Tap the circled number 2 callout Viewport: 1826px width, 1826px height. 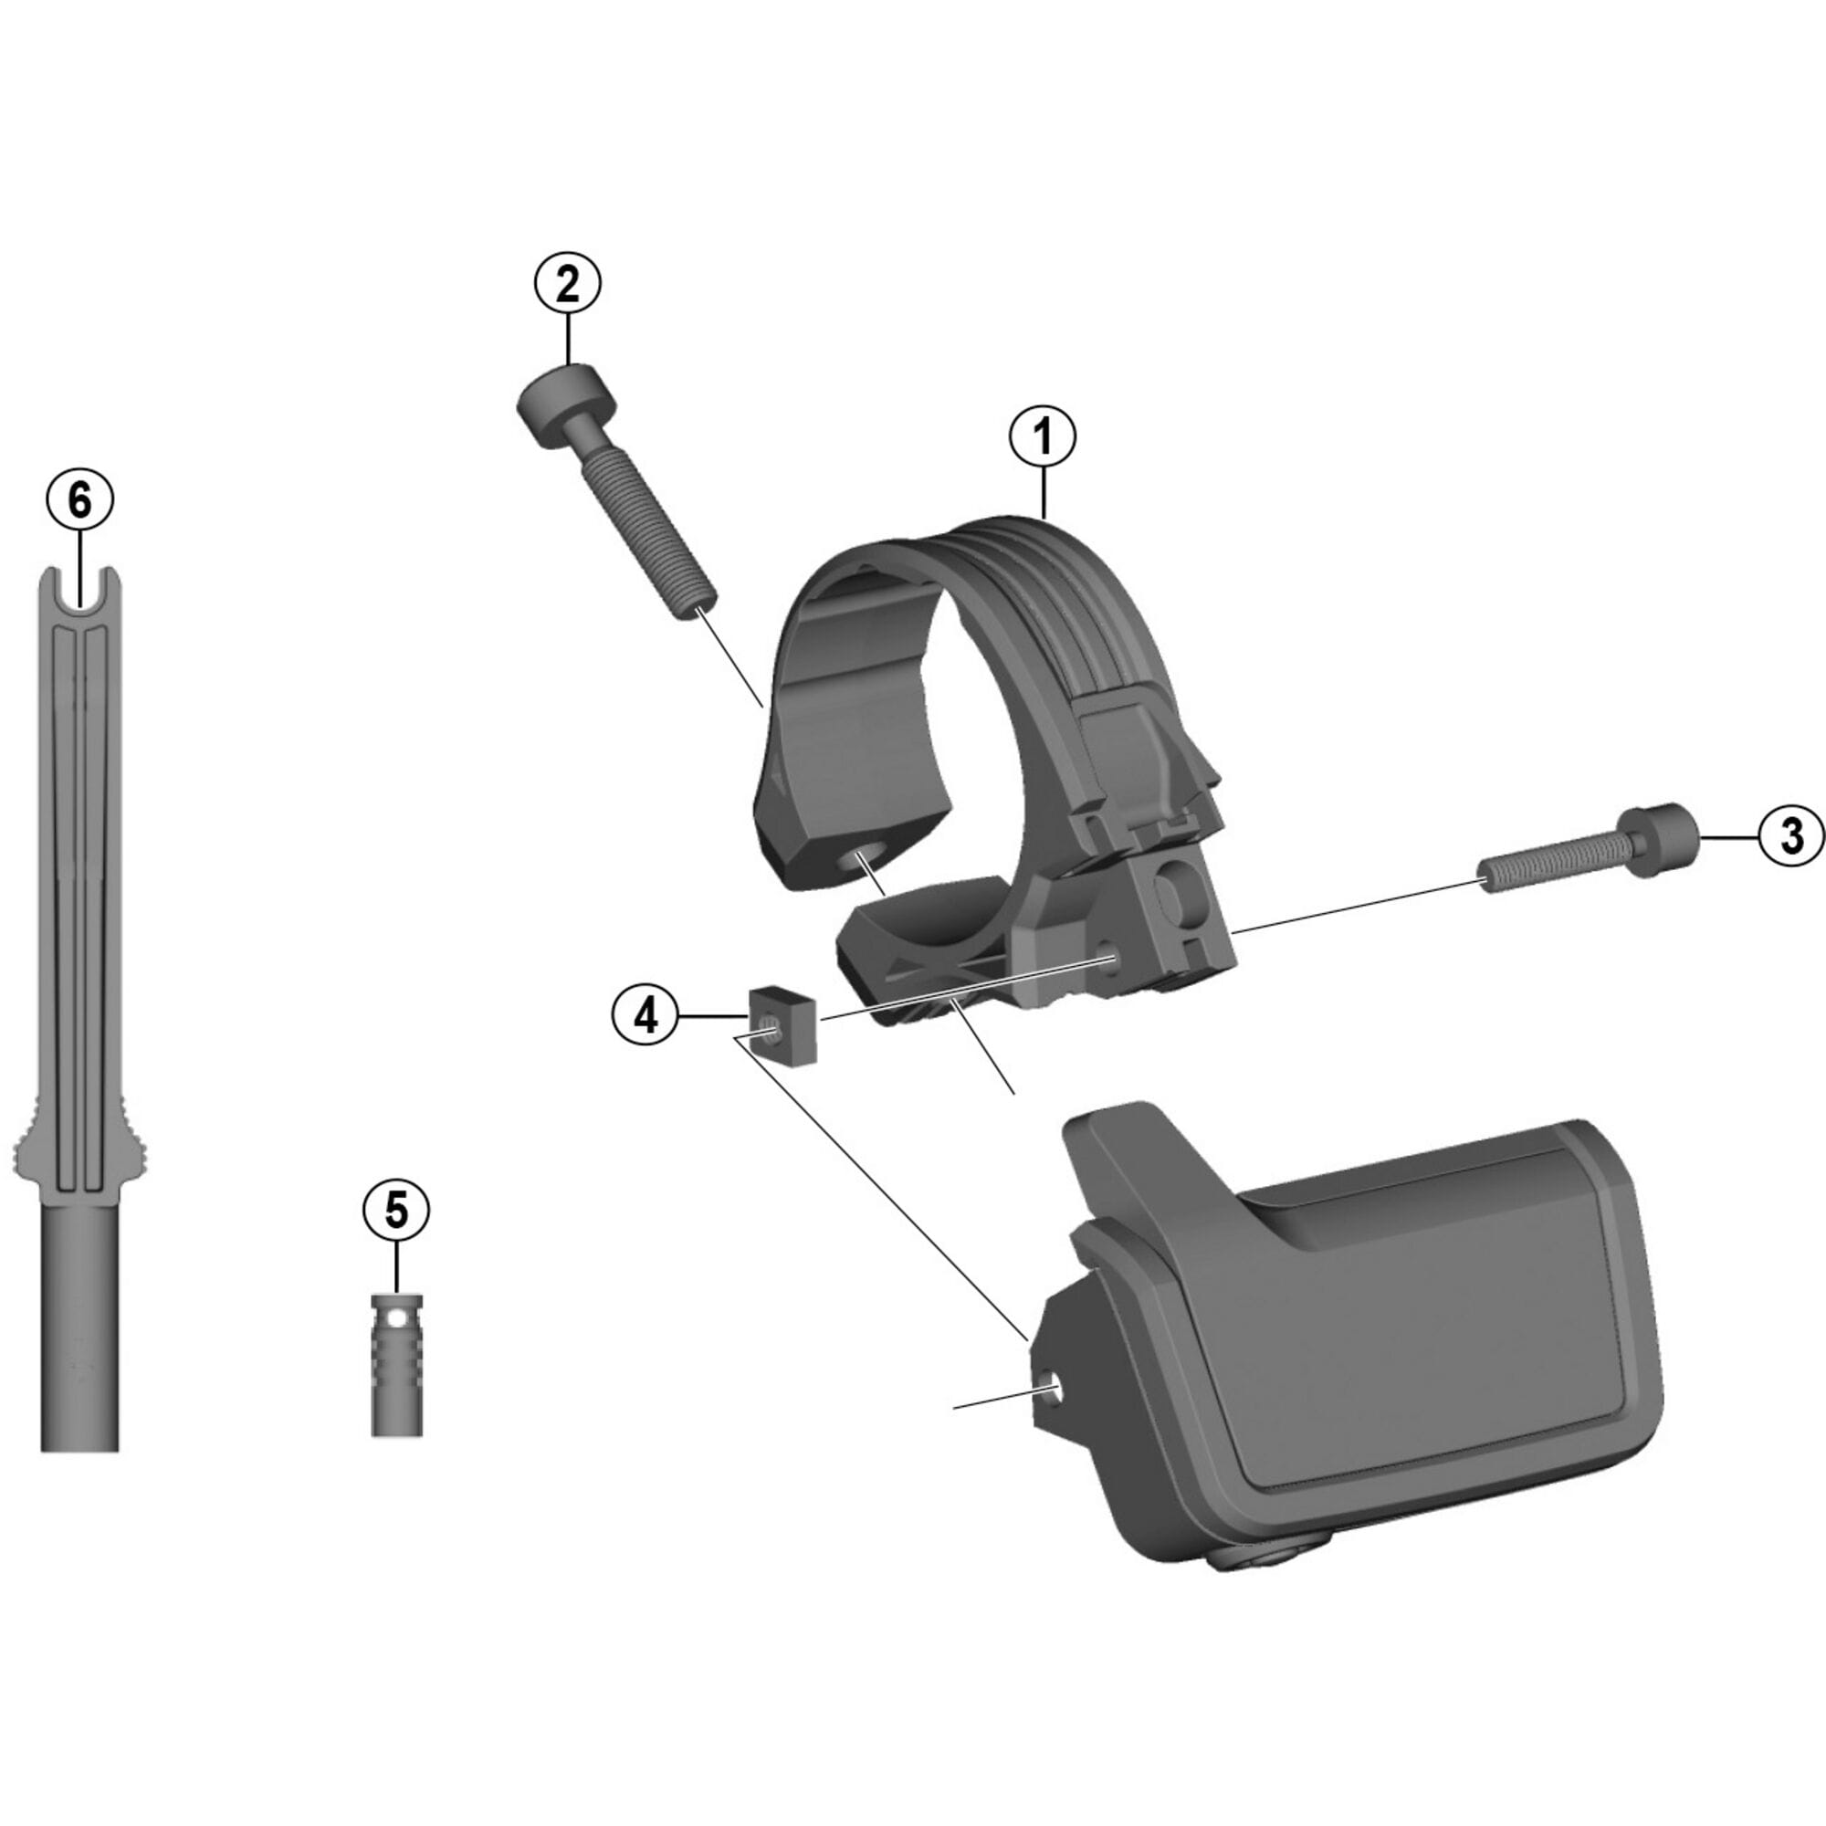point(567,284)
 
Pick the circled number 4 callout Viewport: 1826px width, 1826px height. point(645,1016)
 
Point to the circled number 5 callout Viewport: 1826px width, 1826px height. point(396,1210)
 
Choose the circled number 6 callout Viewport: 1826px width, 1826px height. point(79,500)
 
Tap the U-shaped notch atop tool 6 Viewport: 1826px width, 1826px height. point(79,589)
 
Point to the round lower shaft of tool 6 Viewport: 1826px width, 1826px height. point(79,1323)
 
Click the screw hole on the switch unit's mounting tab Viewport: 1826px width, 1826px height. point(1048,1387)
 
